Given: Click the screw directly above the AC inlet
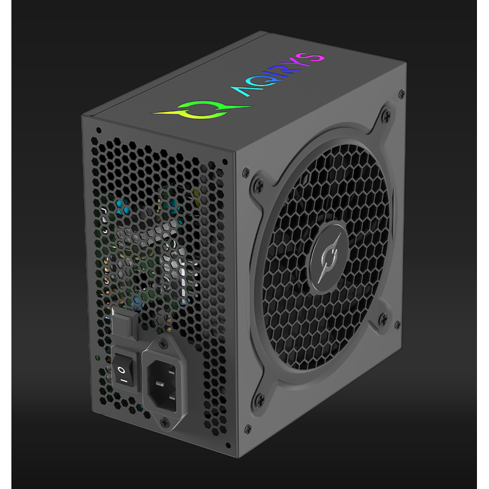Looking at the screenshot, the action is pos(163,344).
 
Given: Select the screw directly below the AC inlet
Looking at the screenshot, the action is pos(164,422).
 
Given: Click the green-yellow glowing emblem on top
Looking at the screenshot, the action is pos(202,110).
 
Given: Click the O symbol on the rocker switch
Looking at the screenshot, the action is pos(121,370).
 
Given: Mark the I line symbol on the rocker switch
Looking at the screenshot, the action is pos(124,381).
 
